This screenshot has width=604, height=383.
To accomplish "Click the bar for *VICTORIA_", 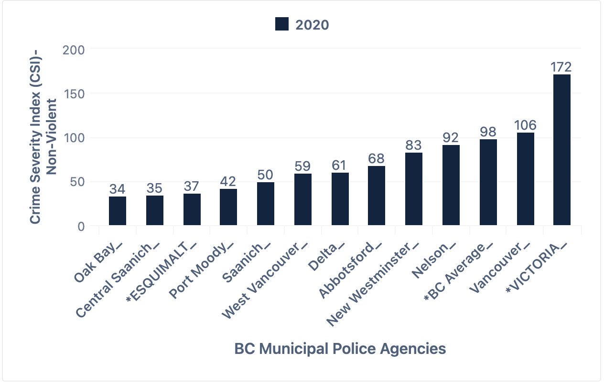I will coord(561,150).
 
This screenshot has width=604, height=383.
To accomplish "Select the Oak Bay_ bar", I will coord(118,211).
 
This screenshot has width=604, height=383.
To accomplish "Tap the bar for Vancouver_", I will coord(525,179).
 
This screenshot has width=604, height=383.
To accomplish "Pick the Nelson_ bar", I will coord(451,185).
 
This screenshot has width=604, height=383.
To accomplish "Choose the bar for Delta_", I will coord(340,199).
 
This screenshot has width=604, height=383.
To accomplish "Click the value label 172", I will coord(561,67).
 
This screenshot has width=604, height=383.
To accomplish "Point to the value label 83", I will coord(414,145).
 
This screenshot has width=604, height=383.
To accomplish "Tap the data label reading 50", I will coord(266,175).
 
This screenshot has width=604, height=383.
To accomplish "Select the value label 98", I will coord(488,132).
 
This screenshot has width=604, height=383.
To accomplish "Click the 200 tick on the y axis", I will coord(74,50).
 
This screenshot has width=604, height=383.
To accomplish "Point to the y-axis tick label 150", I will coord(74,93).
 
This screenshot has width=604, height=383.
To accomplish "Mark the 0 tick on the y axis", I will coord(81,226).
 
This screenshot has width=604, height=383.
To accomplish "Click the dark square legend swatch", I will coord(282,24).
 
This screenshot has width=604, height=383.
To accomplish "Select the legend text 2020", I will coord(312,24).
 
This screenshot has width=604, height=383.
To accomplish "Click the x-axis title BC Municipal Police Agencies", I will coord(340,349).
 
